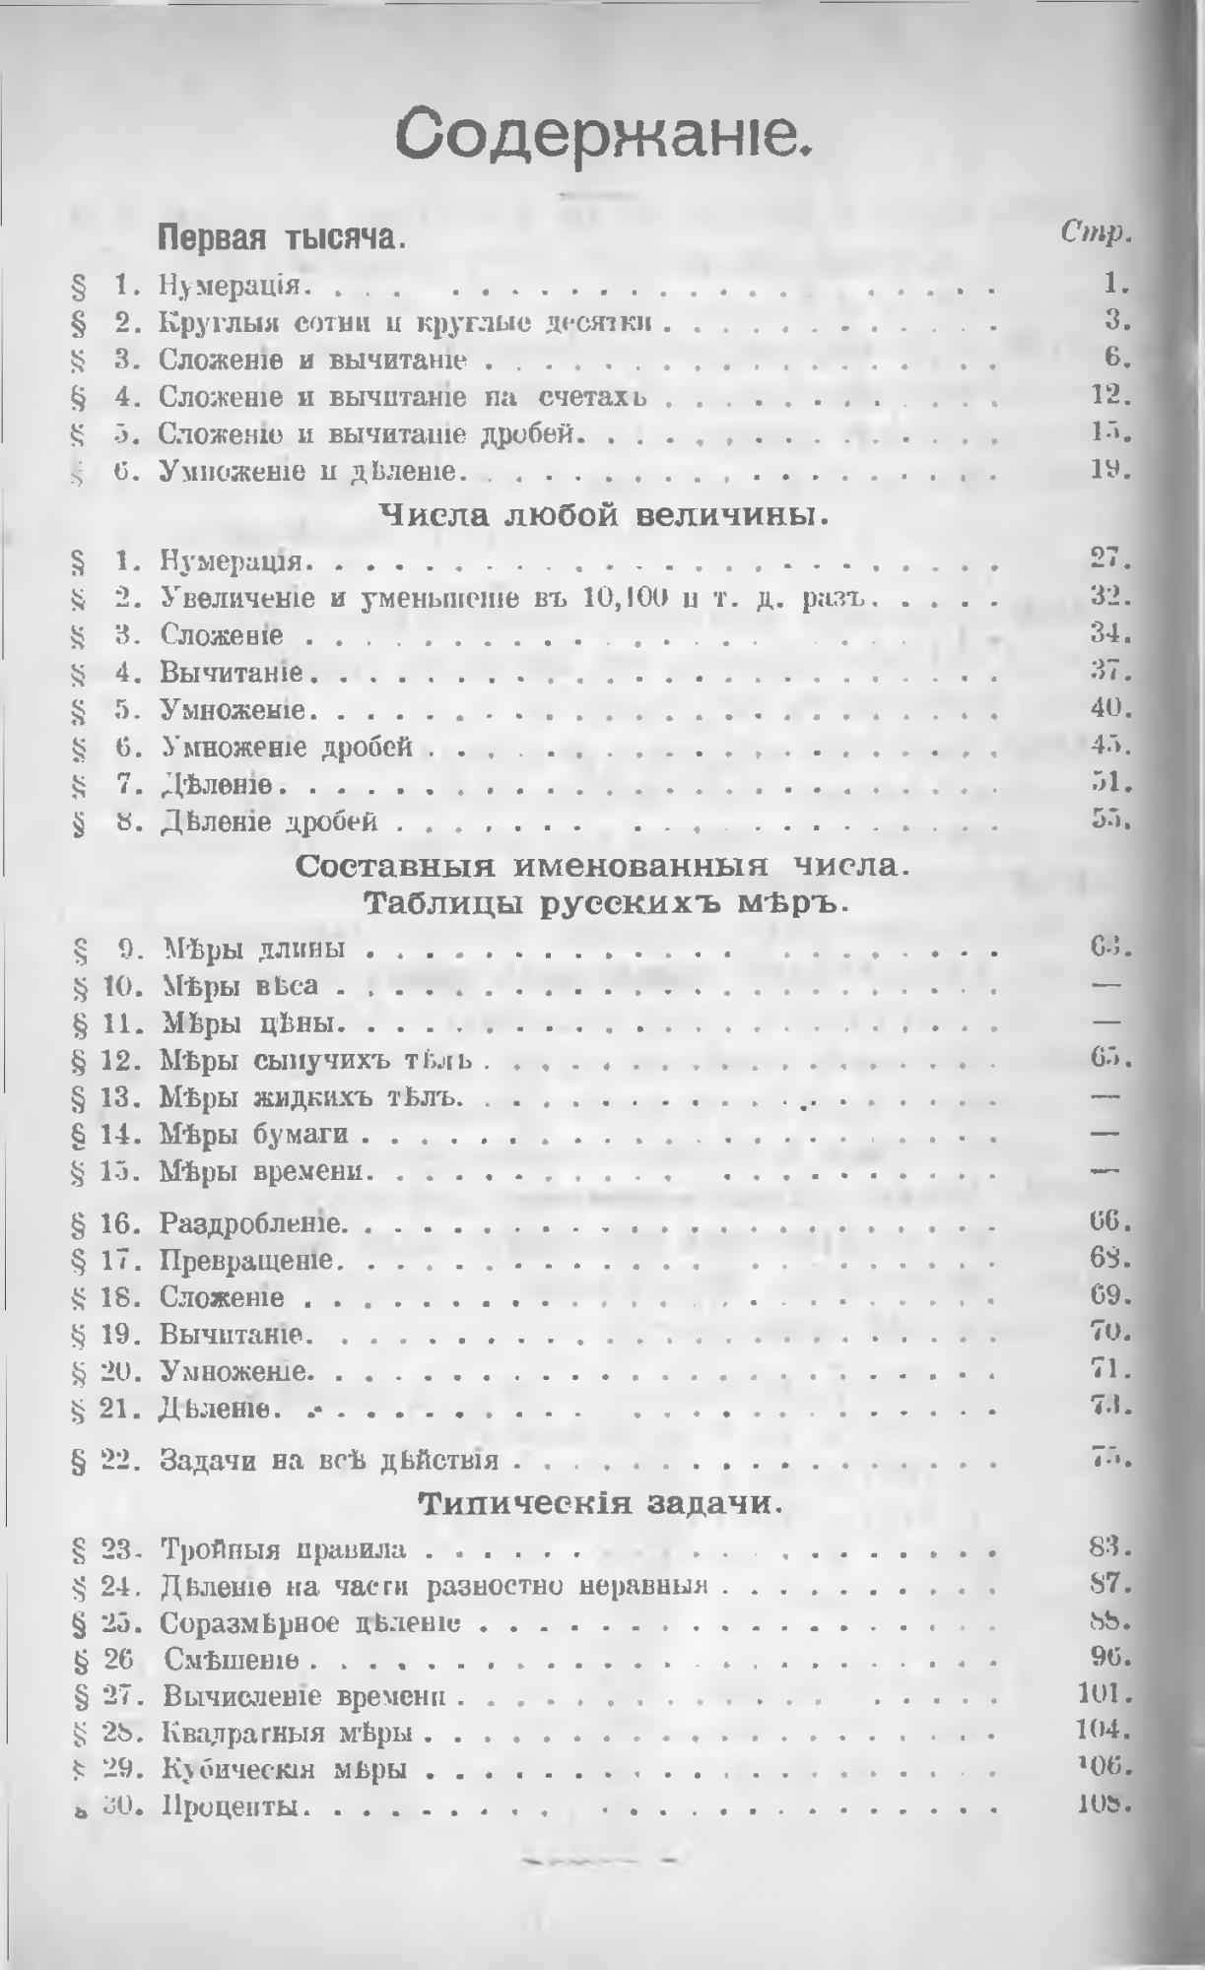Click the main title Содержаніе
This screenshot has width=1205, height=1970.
(x=602, y=136)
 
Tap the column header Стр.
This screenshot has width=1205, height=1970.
(x=1094, y=233)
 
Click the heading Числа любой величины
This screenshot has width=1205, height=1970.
(x=602, y=514)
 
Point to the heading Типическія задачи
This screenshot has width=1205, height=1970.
(x=602, y=1504)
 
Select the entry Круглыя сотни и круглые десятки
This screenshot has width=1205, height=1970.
(x=408, y=323)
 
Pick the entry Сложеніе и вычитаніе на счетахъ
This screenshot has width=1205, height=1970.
(x=403, y=397)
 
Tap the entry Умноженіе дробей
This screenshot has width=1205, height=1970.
(x=286, y=748)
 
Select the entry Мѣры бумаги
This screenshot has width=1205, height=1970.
(x=254, y=1135)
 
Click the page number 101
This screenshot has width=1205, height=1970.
(x=1102, y=1694)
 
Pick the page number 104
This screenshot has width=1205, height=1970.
(x=1102, y=1732)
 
